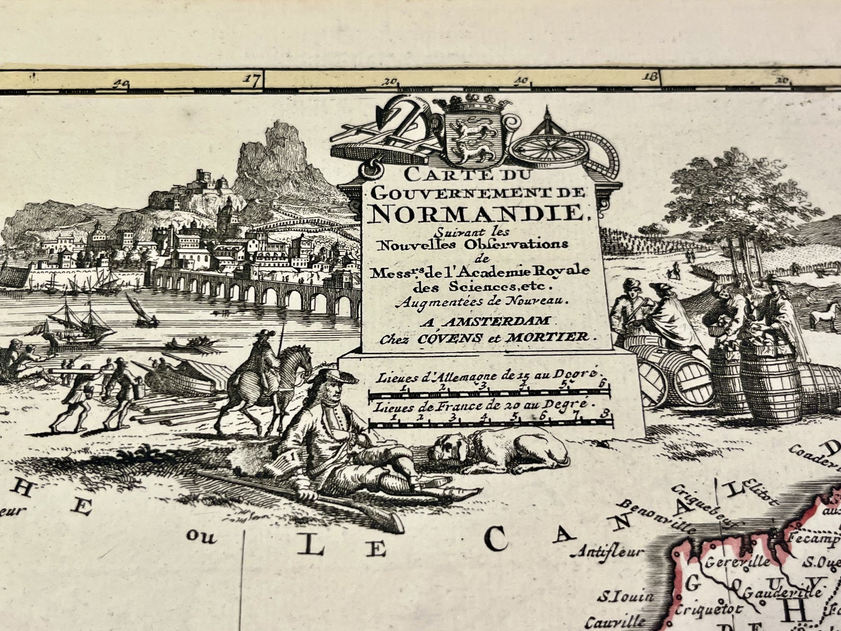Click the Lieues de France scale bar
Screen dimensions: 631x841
point(491,424)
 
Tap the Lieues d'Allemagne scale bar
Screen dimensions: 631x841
point(488,393)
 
